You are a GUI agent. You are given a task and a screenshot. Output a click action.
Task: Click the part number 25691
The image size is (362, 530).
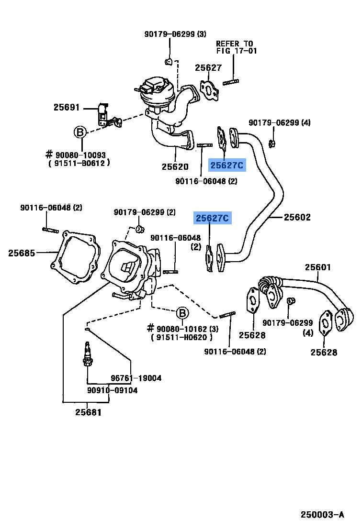[67, 108]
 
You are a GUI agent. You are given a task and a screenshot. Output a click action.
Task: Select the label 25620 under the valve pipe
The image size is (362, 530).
[175, 167]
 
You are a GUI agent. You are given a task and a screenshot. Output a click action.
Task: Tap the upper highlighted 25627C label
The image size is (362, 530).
[227, 166]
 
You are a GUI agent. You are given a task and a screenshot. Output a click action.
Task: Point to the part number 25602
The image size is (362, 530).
[297, 218]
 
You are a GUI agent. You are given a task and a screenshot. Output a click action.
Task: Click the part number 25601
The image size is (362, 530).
[318, 267]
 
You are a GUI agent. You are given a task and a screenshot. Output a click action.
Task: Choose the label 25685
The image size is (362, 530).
[22, 253]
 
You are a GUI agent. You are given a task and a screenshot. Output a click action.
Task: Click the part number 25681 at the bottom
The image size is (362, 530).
[88, 412]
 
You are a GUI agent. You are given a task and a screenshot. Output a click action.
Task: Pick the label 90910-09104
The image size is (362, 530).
[112, 390]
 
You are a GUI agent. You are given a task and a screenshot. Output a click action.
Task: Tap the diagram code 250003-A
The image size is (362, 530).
[322, 515]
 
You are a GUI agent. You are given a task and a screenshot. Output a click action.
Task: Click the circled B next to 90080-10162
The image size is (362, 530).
[182, 313]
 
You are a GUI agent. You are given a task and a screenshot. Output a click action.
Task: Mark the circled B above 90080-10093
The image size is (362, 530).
[80, 132]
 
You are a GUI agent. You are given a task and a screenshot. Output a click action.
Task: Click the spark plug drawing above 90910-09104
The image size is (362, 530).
[88, 354]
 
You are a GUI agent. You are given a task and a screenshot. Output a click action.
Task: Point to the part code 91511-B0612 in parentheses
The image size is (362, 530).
[79, 163]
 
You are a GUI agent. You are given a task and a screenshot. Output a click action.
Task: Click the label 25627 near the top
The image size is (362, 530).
[209, 68]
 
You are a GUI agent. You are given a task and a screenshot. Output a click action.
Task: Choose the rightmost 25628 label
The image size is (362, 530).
[324, 353]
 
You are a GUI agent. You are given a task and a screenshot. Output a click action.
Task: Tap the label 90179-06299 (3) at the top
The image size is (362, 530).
[175, 34]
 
